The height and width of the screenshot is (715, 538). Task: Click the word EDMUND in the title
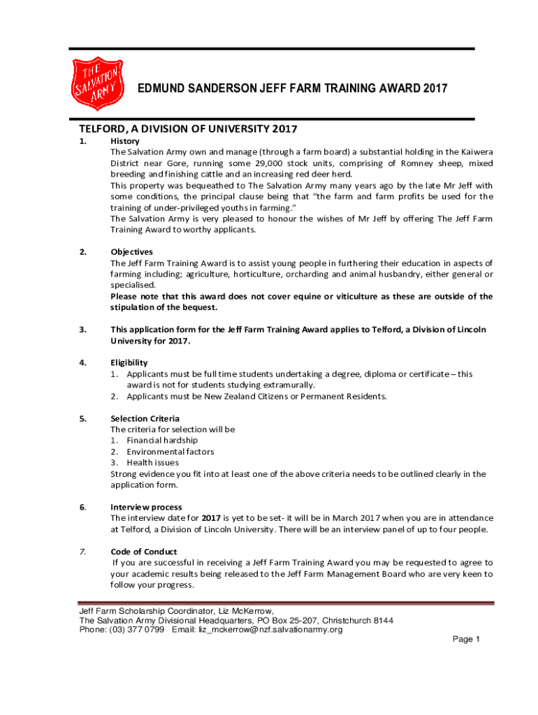(159, 89)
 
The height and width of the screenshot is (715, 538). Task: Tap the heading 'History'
(125, 141)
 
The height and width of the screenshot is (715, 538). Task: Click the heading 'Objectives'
(131, 252)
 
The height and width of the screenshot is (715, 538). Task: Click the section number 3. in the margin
(83, 330)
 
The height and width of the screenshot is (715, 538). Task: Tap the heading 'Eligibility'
(129, 362)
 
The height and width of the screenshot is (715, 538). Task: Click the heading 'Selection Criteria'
(145, 418)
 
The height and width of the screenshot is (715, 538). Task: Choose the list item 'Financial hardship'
(162, 441)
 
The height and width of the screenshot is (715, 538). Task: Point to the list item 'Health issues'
(152, 462)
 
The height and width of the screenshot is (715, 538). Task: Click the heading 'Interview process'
(146, 507)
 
